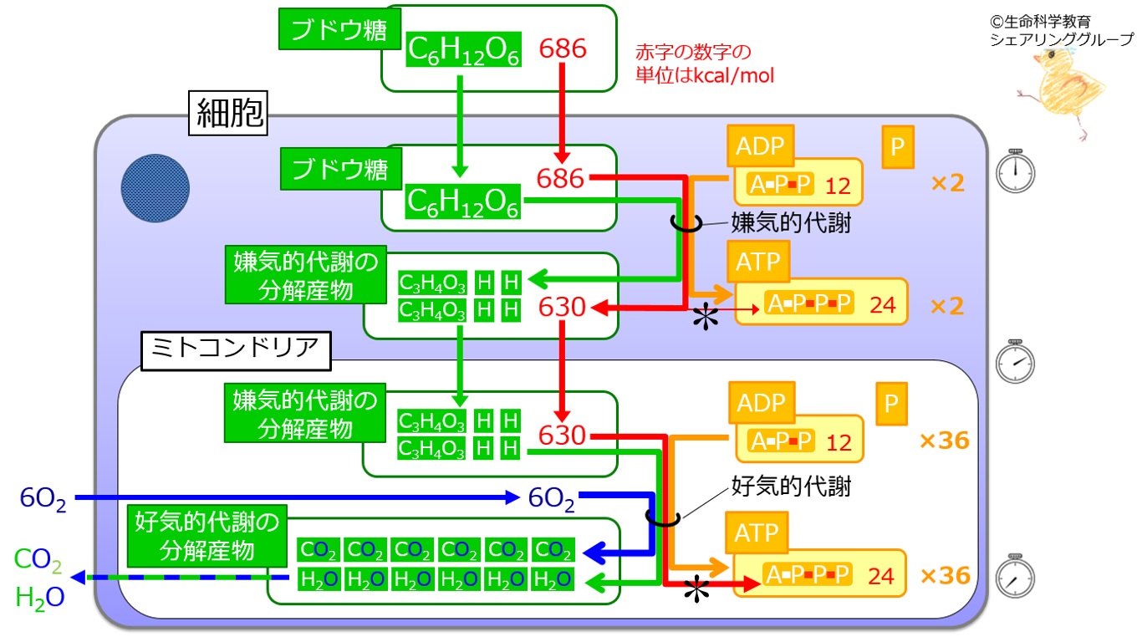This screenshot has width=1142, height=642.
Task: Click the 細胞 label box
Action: (x=228, y=113)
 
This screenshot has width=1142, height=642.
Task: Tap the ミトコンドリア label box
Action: (x=236, y=351)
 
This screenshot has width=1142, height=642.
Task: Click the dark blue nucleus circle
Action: (x=155, y=188)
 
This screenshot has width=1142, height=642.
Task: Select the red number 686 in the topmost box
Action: (x=563, y=48)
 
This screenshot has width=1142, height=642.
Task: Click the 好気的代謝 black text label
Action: (x=791, y=486)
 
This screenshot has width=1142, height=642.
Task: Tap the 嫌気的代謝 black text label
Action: (x=791, y=223)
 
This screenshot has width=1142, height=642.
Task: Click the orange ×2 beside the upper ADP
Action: (x=948, y=183)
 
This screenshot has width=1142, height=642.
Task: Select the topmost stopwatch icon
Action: (x=1015, y=171)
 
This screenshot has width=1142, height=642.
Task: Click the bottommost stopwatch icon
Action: (x=1015, y=576)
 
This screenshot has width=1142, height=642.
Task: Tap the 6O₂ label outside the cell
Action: (x=43, y=498)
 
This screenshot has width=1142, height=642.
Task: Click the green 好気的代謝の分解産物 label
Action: (x=207, y=536)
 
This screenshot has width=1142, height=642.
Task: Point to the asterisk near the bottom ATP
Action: (x=696, y=590)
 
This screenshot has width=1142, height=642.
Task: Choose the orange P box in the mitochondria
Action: (x=892, y=404)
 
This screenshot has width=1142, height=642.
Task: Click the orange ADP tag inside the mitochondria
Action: (x=762, y=403)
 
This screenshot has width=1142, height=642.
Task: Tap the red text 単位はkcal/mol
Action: (x=705, y=75)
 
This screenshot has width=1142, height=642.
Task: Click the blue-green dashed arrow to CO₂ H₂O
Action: (x=180, y=578)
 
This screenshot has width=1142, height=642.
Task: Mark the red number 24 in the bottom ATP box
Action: (x=881, y=576)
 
